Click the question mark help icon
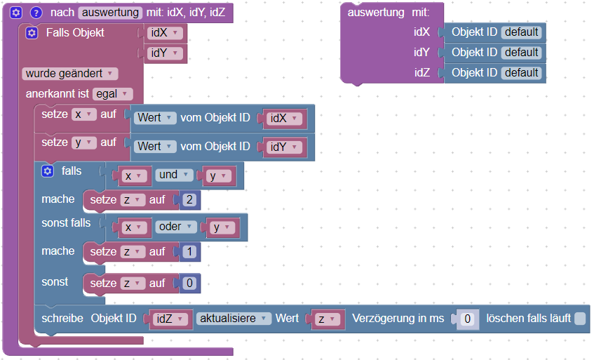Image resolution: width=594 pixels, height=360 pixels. coord(36,13)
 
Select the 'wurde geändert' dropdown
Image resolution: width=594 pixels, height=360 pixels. coord(70,73)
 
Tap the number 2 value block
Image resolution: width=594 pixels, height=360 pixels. coord(189,200)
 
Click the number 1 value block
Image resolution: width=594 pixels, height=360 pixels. coord(189,251)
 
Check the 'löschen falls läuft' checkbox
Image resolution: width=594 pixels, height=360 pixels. coord(579,319)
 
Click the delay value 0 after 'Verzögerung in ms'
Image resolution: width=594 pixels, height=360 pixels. coord(467,319)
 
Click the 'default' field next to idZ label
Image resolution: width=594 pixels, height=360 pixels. coord(521,72)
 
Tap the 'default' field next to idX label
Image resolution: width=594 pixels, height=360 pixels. coord(521,32)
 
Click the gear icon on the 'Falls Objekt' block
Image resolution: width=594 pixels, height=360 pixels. coord(32,33)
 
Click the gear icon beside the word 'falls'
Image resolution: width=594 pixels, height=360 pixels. coord(48,171)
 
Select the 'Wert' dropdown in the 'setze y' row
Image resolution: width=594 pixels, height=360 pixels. coord(155,147)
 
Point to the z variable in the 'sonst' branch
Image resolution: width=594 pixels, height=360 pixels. coord(130,284)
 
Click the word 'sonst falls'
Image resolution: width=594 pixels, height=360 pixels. coord(66,223)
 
